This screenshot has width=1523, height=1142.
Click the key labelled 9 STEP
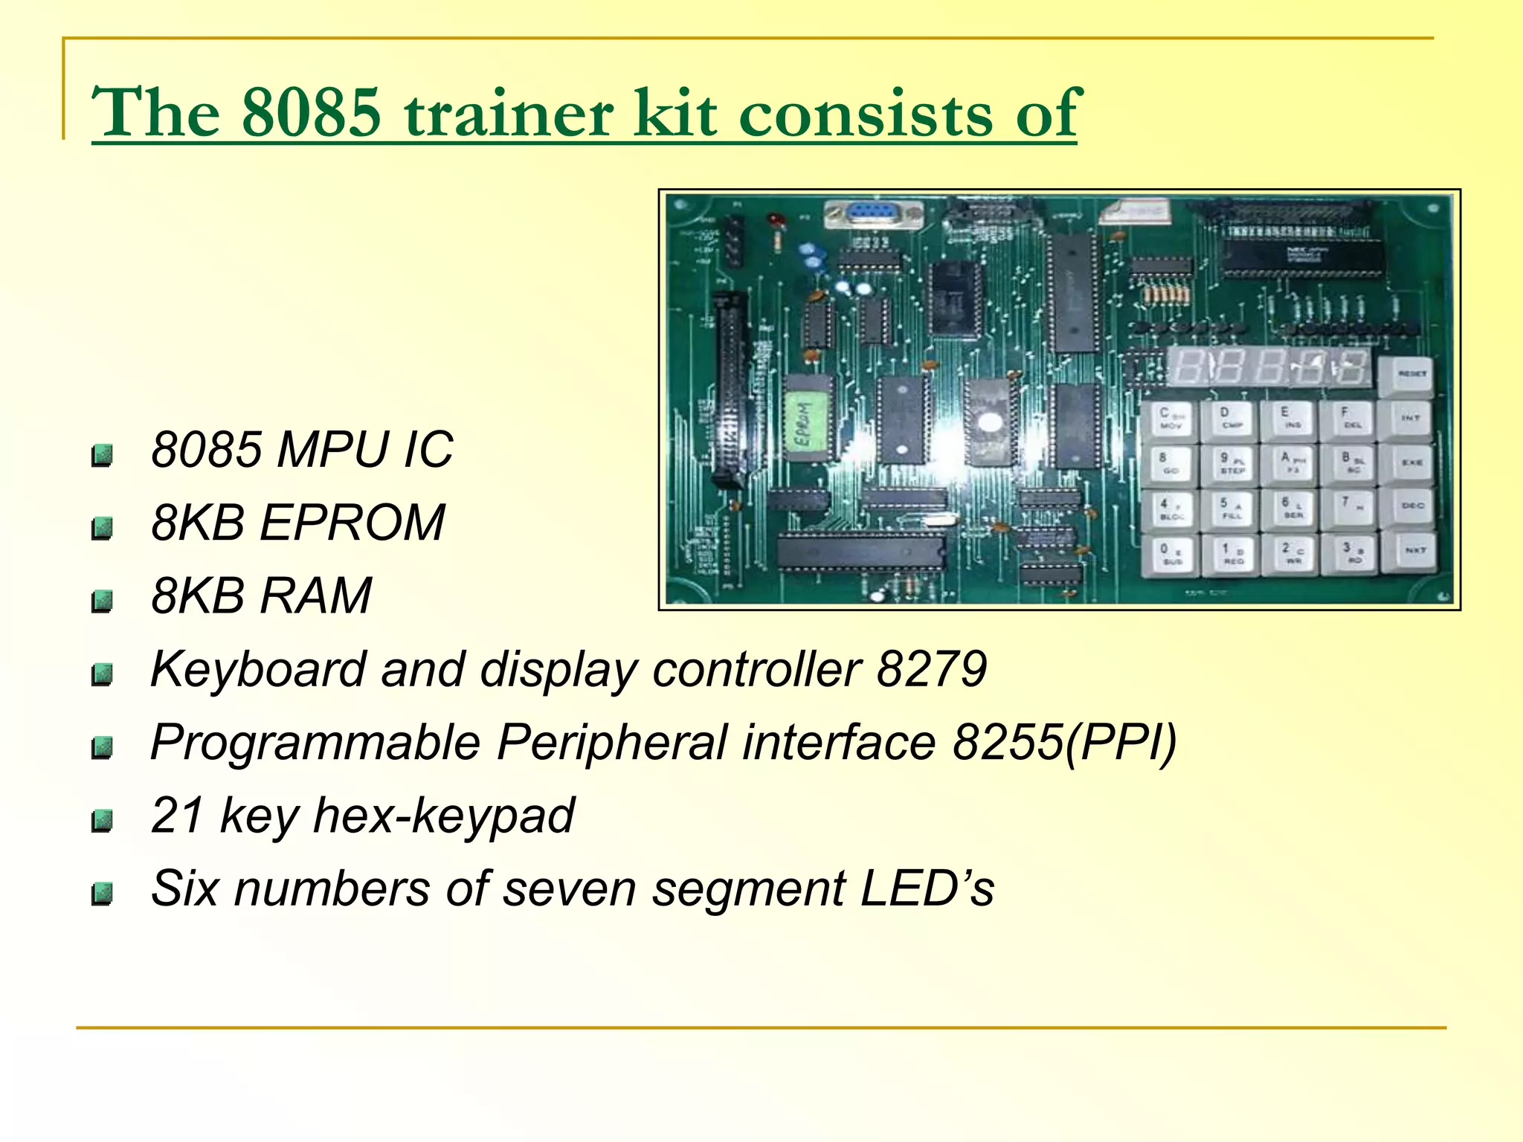tap(1231, 463)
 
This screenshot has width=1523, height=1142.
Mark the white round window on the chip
tap(989, 422)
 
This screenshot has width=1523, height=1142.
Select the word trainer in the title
tap(509, 113)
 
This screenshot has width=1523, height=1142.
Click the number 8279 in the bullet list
tap(932, 669)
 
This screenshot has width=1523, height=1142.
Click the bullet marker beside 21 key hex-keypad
tap(102, 821)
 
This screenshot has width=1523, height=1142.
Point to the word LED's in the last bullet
tap(927, 888)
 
